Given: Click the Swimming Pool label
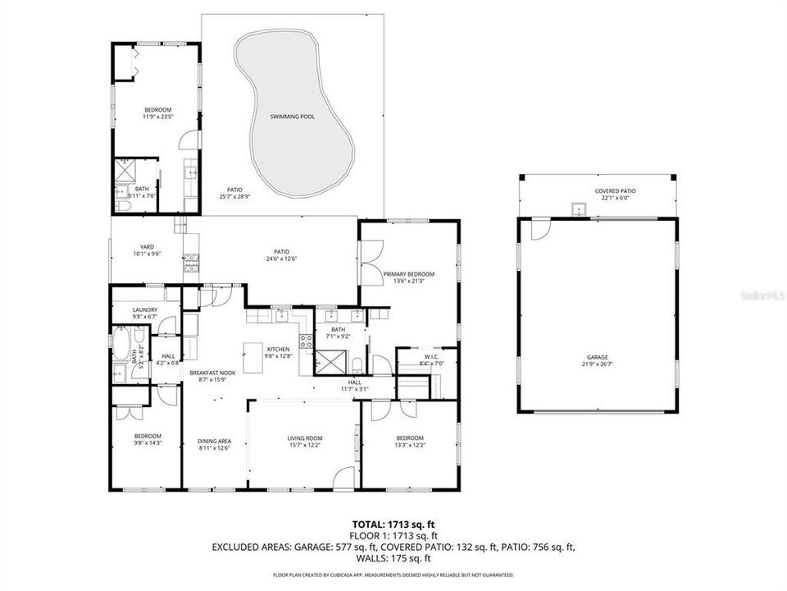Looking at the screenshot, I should click(x=293, y=117).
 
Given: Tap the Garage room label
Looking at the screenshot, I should click(x=596, y=357).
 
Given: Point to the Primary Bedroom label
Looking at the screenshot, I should click(x=408, y=274).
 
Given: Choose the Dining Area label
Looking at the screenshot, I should click(x=215, y=441).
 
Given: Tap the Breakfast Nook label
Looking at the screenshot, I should click(x=213, y=373).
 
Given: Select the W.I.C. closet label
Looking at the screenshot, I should click(x=431, y=356).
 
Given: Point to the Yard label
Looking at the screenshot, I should click(x=147, y=246).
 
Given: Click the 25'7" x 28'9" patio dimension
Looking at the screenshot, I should click(x=234, y=197).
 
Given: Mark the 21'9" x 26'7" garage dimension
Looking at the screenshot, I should click(x=596, y=364).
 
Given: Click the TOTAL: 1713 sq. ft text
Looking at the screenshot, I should click(x=393, y=523).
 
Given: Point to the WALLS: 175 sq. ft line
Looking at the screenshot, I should click(x=393, y=557).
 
